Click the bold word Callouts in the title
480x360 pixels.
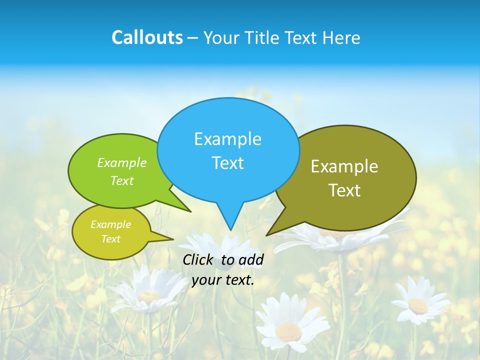[x=147, y=37]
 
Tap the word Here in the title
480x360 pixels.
[x=341, y=37]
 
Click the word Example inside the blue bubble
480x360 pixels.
[x=227, y=139]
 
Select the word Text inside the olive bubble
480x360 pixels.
[x=344, y=190]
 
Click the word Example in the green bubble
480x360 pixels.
[x=122, y=162]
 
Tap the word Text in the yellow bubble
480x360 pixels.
[x=110, y=239]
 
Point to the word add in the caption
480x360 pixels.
[x=251, y=259]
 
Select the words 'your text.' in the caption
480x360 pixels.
[x=223, y=280]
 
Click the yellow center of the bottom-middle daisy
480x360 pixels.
[x=288, y=330]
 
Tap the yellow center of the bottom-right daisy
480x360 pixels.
[x=417, y=305]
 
